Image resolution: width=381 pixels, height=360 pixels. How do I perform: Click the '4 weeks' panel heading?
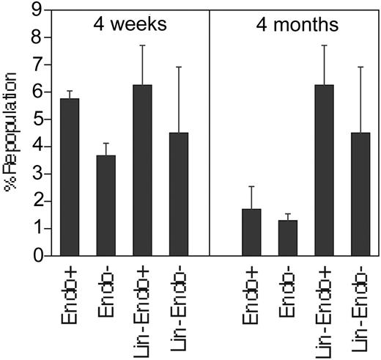click(130, 23)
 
